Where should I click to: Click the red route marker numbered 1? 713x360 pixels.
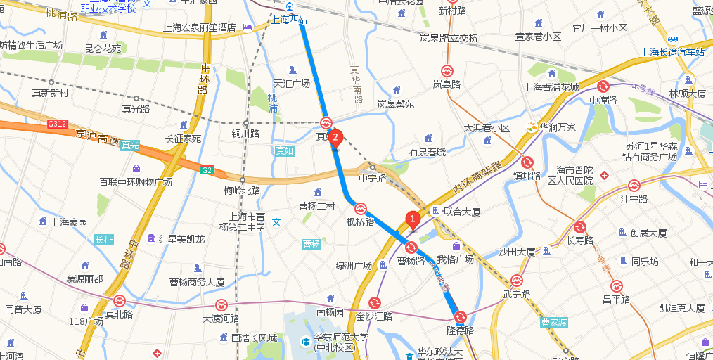[x=413, y=219]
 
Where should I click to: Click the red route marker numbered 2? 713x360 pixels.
[x=336, y=137]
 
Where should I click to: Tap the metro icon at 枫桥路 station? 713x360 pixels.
[x=360, y=209]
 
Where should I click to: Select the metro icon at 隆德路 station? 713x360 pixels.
[x=460, y=317]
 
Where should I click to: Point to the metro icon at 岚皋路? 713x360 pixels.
[x=447, y=71]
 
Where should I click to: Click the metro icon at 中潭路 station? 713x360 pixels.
[x=603, y=86]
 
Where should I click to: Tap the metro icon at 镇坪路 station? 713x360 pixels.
[x=527, y=162]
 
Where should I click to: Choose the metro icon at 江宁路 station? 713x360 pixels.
[x=634, y=186]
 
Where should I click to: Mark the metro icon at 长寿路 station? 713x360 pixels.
[x=580, y=227]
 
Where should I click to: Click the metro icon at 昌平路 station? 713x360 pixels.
[x=616, y=286]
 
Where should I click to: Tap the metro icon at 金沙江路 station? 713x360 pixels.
[x=374, y=303]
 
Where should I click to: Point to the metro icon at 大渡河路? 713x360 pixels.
[x=221, y=305]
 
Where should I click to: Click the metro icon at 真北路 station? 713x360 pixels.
[x=119, y=301]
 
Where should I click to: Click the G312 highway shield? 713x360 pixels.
[x=57, y=124]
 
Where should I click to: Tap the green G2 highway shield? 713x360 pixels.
[x=207, y=169]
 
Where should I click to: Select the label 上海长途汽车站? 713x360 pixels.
[x=673, y=51]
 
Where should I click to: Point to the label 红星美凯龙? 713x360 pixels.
[x=181, y=239]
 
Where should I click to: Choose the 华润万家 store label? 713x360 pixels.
[x=557, y=127]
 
